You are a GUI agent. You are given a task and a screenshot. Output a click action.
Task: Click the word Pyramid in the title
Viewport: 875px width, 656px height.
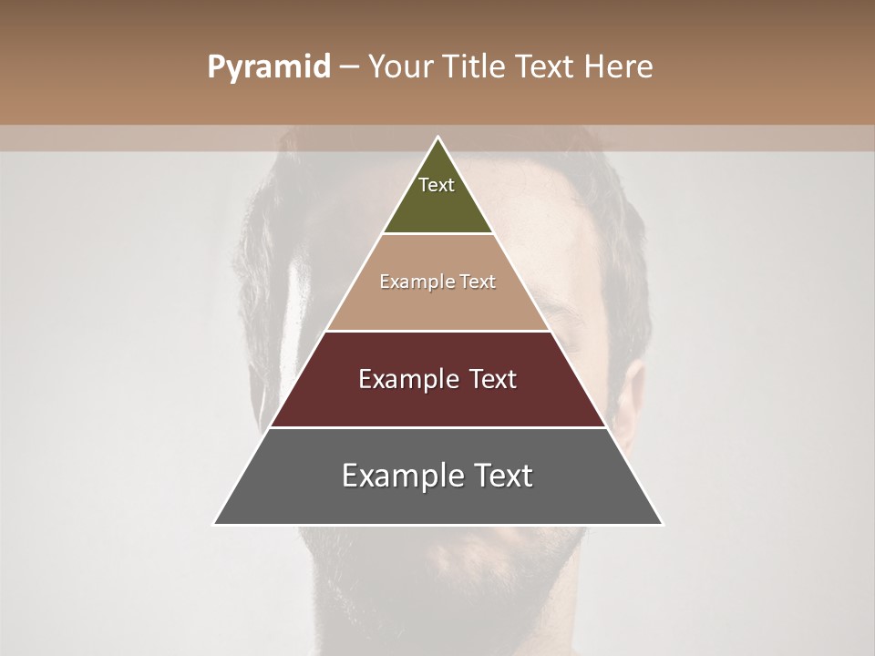click(x=268, y=67)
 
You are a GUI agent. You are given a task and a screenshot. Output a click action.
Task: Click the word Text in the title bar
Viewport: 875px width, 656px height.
click(x=548, y=67)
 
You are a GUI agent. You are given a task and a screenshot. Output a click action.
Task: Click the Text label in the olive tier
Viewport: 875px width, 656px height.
click(x=437, y=185)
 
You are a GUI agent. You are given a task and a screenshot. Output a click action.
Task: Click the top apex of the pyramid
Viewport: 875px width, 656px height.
click(x=437, y=138)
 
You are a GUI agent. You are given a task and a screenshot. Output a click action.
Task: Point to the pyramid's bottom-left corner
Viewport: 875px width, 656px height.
click(x=215, y=523)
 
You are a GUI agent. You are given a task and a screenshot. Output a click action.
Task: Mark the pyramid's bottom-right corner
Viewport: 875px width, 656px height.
click(x=661, y=523)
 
